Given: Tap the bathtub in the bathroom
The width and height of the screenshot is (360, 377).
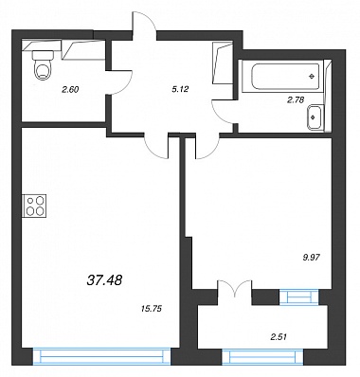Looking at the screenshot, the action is tap(286, 77).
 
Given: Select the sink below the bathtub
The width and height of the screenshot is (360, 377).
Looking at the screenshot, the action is tap(315, 117).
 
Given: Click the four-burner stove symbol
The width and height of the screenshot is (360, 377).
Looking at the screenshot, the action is tap(34, 206).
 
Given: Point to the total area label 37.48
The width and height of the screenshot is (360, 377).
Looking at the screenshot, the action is tap(104, 279).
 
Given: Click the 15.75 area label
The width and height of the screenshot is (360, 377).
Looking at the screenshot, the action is tap(152, 309).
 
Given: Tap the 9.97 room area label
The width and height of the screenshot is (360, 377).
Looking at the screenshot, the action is tap(312, 258).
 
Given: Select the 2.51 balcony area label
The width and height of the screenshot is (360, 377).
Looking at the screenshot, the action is tap(279, 337).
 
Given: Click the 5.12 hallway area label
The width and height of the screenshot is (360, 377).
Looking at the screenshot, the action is tap(180, 89).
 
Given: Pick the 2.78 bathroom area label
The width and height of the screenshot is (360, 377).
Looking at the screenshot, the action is tap(296, 100).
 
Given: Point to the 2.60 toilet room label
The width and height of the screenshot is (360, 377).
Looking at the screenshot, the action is tap(70, 90).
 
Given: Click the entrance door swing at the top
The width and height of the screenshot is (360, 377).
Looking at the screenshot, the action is tap(144, 21).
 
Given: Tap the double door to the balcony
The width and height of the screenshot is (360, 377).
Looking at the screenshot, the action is tap(235, 288).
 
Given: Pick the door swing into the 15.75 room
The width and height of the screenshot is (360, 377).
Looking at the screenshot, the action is tap(156, 146).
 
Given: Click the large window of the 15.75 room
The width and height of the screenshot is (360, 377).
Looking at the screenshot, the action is tap(102, 356).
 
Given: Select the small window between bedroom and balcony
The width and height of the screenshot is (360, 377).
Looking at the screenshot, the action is tap(298, 297).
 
